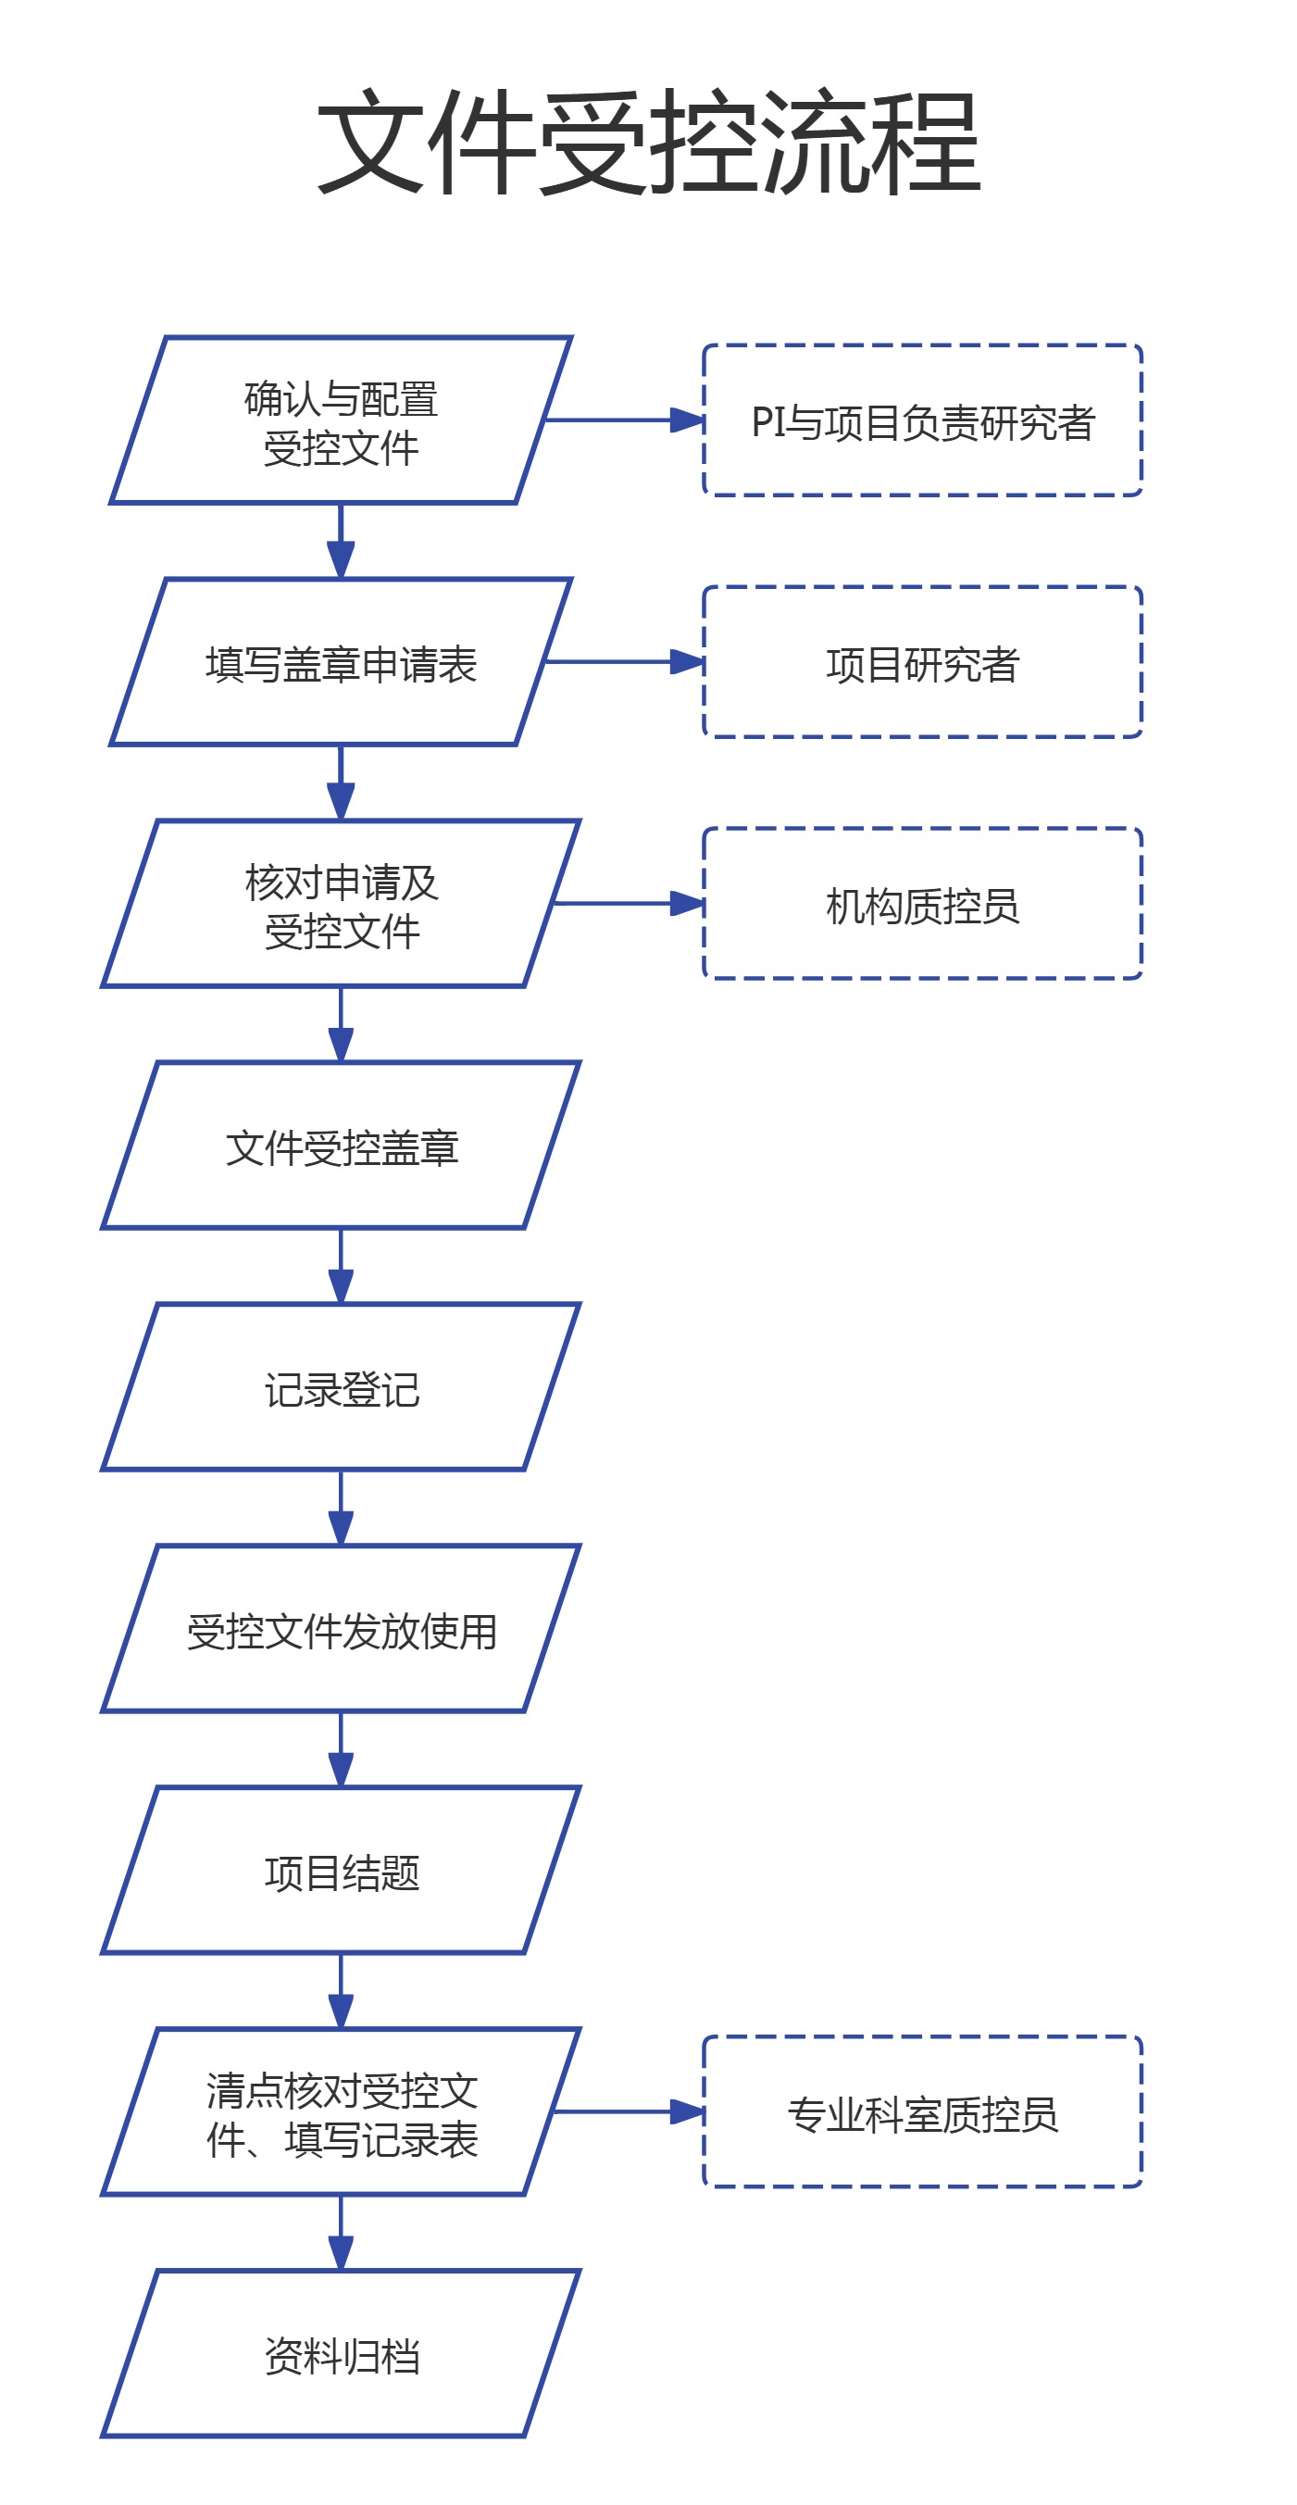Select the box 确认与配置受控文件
click(341, 421)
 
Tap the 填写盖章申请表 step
click(341, 662)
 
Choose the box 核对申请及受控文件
click(341, 905)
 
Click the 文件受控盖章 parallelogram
click(341, 1146)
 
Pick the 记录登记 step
click(341, 1387)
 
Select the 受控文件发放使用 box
click(341, 1629)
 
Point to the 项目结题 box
click(341, 1871)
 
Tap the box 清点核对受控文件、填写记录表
click(341, 2112)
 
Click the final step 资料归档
click(341, 2354)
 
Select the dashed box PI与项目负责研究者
click(922, 421)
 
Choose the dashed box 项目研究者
click(922, 662)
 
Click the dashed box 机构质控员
click(922, 905)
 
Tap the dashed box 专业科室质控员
click(922, 2112)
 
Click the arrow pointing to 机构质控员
click(627, 905)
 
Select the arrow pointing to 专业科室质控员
click(627, 2112)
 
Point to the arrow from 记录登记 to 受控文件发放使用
click(341, 1508)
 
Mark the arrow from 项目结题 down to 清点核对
click(341, 1991)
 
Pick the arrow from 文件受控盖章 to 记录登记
click(341, 1266)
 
